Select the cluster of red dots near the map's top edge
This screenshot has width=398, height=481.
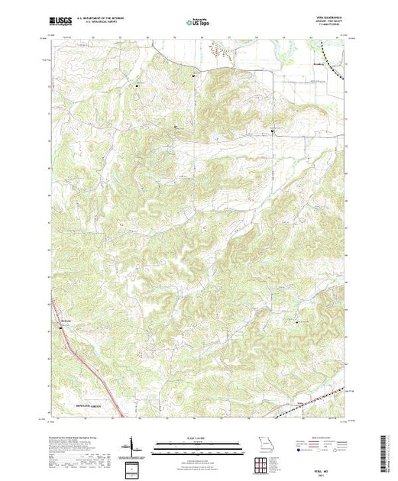[x=223, y=52]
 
